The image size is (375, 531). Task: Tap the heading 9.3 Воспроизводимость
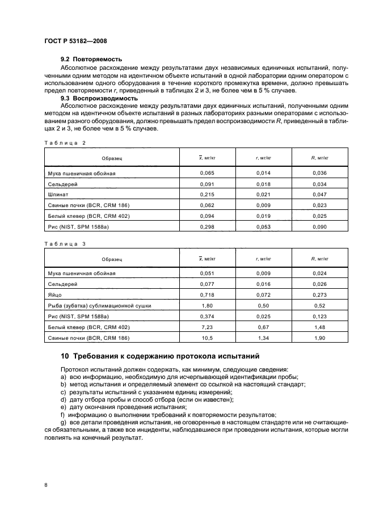tap(99, 98)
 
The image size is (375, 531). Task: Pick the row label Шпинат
tap(58, 193)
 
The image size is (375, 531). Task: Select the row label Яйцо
tap(56, 294)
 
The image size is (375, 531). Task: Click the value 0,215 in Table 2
tap(208, 193)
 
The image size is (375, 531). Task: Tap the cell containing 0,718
tap(208, 294)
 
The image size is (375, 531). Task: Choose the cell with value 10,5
tap(208, 338)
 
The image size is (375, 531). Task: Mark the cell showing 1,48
tap(320, 327)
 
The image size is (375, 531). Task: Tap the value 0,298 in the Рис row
tap(208, 226)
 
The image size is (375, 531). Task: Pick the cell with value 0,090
tap(320, 226)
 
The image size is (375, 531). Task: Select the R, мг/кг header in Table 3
tap(320, 258)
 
